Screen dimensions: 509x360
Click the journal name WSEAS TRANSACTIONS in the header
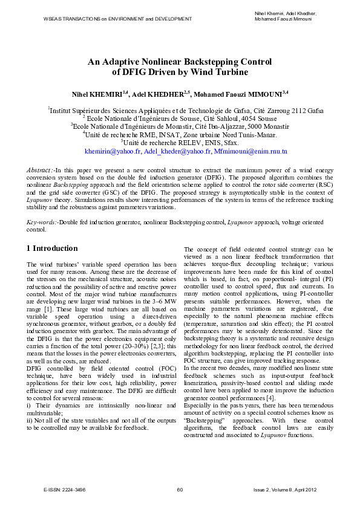coord(72,19)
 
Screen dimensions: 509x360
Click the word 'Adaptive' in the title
coord(119,62)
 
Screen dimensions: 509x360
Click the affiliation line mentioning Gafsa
coord(185,111)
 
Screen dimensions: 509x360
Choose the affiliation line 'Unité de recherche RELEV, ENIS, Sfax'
coord(180,142)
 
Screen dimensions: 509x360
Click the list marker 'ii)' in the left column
coord(31,420)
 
